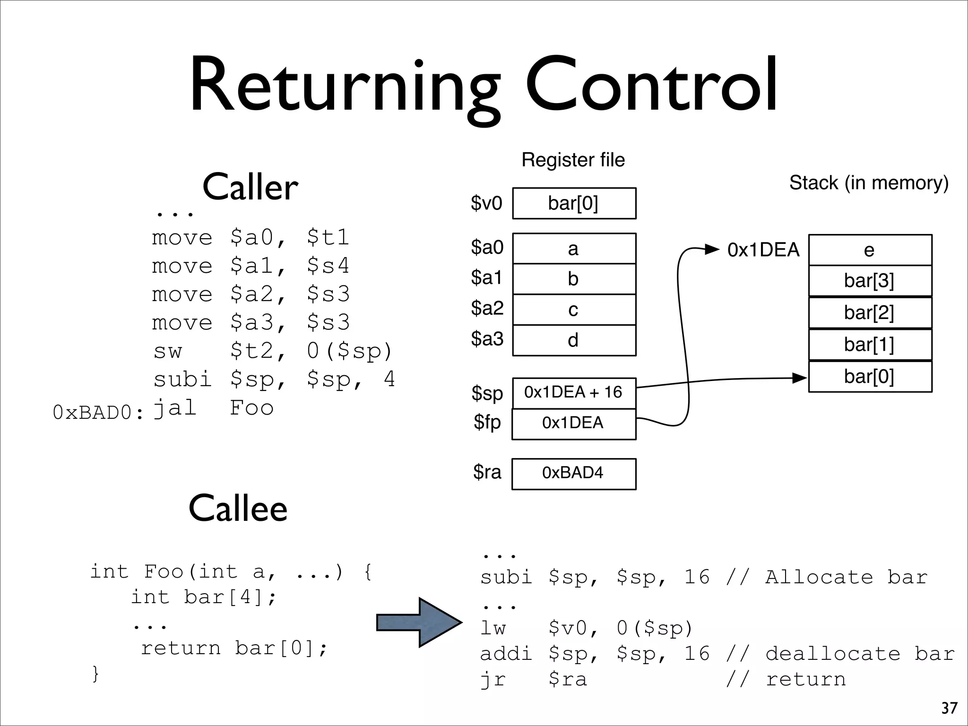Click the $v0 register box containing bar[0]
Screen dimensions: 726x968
click(x=574, y=203)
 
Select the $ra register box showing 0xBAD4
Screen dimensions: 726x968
click(x=574, y=474)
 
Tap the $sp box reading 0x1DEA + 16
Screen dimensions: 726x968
click(x=574, y=393)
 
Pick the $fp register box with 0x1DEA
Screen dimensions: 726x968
click(x=574, y=423)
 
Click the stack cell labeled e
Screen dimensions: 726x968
click(x=870, y=250)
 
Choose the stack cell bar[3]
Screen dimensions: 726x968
click(x=870, y=281)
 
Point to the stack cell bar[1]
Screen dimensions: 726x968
click(x=870, y=345)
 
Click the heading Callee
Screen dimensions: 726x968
click(x=238, y=509)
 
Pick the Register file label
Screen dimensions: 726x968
click(x=573, y=160)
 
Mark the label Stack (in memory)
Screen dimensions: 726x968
click(x=869, y=183)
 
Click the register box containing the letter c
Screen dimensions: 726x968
click(x=574, y=310)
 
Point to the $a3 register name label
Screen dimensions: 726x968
click(x=487, y=339)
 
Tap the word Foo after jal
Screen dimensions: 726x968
click(x=251, y=408)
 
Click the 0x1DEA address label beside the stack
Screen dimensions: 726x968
click(x=763, y=250)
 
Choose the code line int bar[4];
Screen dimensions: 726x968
click(x=204, y=597)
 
